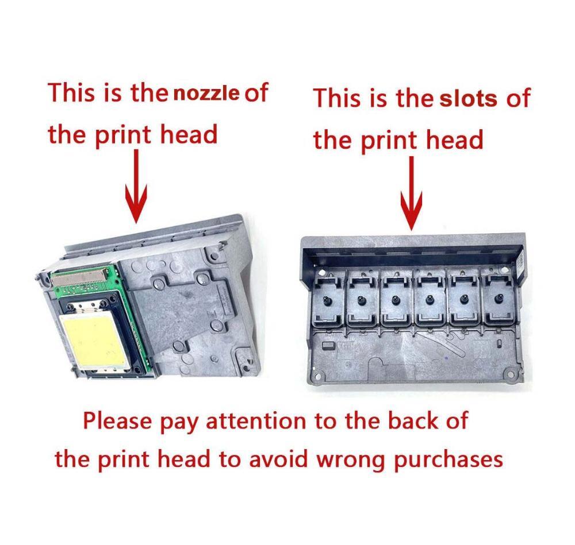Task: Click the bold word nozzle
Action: click(206, 94)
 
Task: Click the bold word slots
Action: click(468, 99)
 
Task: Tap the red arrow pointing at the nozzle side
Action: click(136, 186)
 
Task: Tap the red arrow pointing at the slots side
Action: click(412, 193)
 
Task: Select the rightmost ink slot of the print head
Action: click(499, 299)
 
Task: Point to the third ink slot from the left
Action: click(396, 300)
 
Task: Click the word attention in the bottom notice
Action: click(256, 421)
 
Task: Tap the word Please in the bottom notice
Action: click(117, 420)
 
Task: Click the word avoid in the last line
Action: click(278, 459)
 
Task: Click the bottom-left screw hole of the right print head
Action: click(317, 376)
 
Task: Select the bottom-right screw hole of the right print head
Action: click(509, 374)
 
